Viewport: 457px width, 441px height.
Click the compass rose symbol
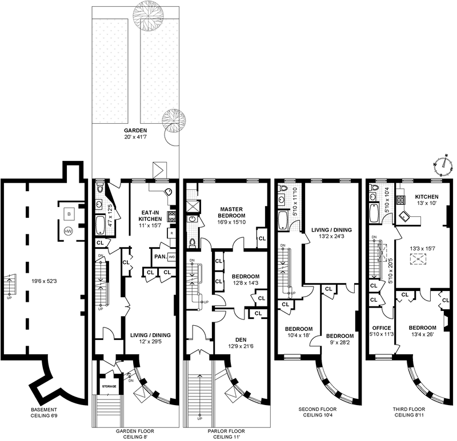tap(443, 165)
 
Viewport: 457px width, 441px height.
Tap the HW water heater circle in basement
tap(68, 232)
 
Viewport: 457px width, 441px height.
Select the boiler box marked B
tap(69, 215)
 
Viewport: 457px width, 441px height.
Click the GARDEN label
tap(135, 131)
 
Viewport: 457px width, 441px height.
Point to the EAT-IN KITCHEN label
tap(150, 216)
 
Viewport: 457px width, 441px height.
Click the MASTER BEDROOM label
tap(231, 212)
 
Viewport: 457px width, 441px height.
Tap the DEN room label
tap(240, 339)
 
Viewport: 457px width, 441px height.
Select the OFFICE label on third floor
tap(381, 328)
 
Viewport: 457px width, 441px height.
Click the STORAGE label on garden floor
tap(109, 386)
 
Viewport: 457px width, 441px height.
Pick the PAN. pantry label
tap(161, 257)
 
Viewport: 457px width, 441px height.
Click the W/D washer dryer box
tap(172, 257)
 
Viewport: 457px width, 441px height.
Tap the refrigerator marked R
tap(172, 233)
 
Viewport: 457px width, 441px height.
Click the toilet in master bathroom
tap(193, 242)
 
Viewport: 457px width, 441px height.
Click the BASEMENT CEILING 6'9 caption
tap(44, 412)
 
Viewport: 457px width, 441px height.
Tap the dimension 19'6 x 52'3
tap(44, 281)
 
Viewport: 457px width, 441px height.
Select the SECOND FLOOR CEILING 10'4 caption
tap(318, 412)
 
